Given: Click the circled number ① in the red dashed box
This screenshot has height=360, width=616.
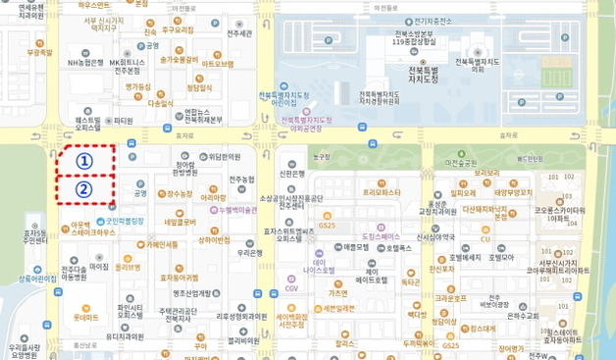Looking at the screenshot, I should [x=84, y=160].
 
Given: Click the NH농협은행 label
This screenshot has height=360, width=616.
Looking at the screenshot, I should [x=85, y=63].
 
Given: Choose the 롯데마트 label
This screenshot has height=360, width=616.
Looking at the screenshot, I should [x=87, y=317].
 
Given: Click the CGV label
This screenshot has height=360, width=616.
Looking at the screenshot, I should [x=291, y=289].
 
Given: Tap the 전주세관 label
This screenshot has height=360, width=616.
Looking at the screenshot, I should [x=239, y=33].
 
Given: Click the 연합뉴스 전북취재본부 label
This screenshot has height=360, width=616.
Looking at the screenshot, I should [x=204, y=116].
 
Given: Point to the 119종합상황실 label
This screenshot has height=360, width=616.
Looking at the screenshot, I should [x=413, y=42].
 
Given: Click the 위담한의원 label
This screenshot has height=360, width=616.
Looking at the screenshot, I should [x=224, y=156].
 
